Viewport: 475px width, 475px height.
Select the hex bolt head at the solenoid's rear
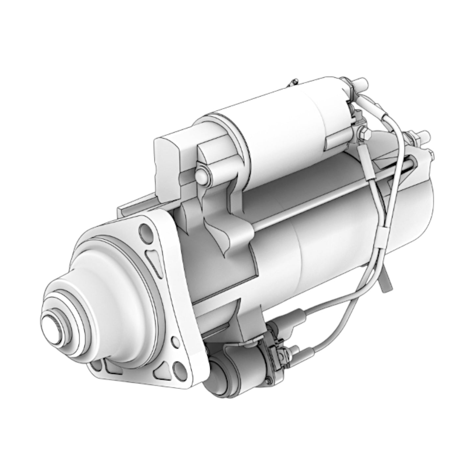point(365,133)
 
